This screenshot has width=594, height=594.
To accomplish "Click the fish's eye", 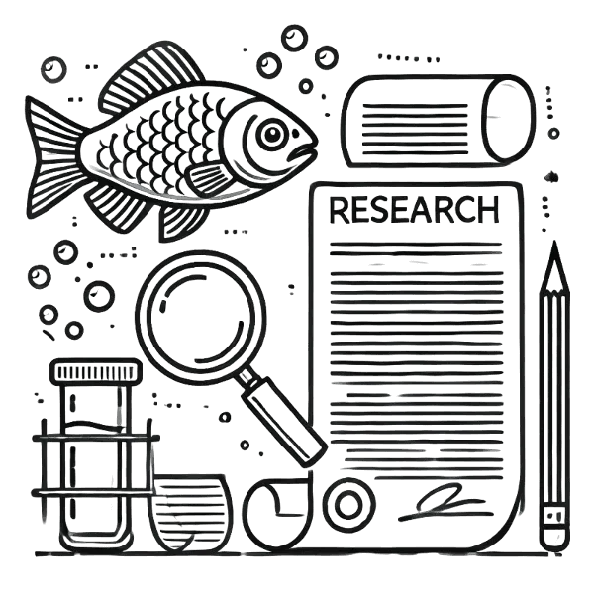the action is pos(272,134).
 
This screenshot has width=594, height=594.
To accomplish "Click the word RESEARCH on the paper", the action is pos(414,210).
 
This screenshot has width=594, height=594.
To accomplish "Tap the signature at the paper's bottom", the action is pos(444,502).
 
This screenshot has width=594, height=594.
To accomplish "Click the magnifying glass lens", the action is pos(201,316).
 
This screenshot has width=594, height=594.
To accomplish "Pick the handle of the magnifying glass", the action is pos(282,421).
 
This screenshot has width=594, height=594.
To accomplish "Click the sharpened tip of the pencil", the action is pos(554,250).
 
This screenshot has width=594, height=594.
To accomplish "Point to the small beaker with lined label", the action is pos(189,512).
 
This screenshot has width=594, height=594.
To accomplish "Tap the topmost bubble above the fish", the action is pos(294,38).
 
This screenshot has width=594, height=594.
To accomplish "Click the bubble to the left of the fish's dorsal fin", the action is pos(53,69).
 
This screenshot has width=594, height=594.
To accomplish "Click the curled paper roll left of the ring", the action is pos(277,513).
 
